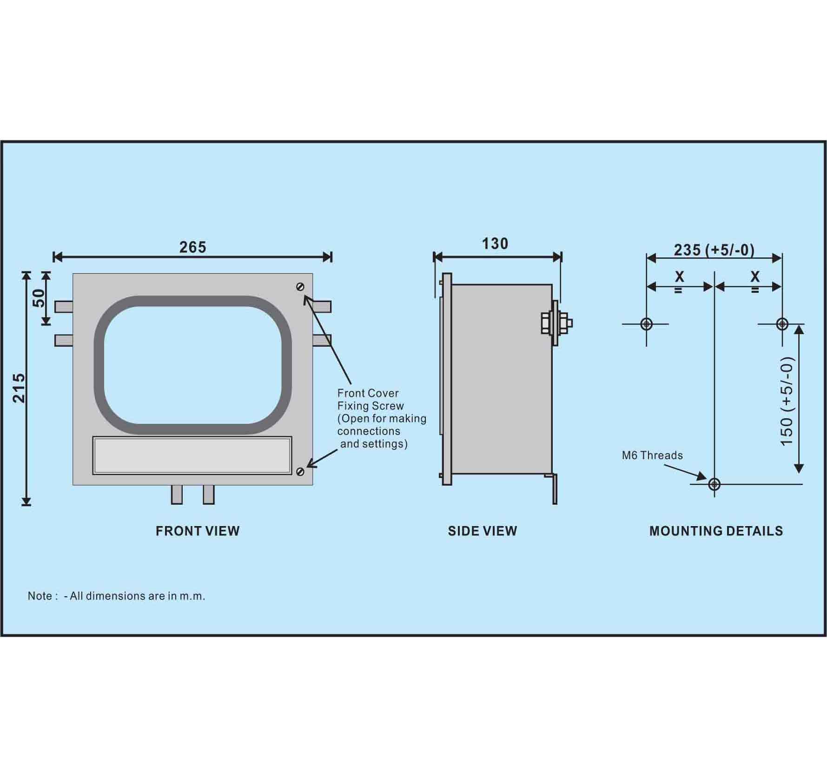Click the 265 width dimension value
tap(192, 247)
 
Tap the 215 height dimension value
tap(19, 388)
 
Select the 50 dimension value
tap(40, 298)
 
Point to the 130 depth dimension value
tap(495, 244)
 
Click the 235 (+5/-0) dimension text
tap(714, 250)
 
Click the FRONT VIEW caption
tap(198, 531)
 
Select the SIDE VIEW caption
tap(483, 531)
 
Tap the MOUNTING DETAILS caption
tap(716, 531)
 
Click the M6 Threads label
tap(652, 455)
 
